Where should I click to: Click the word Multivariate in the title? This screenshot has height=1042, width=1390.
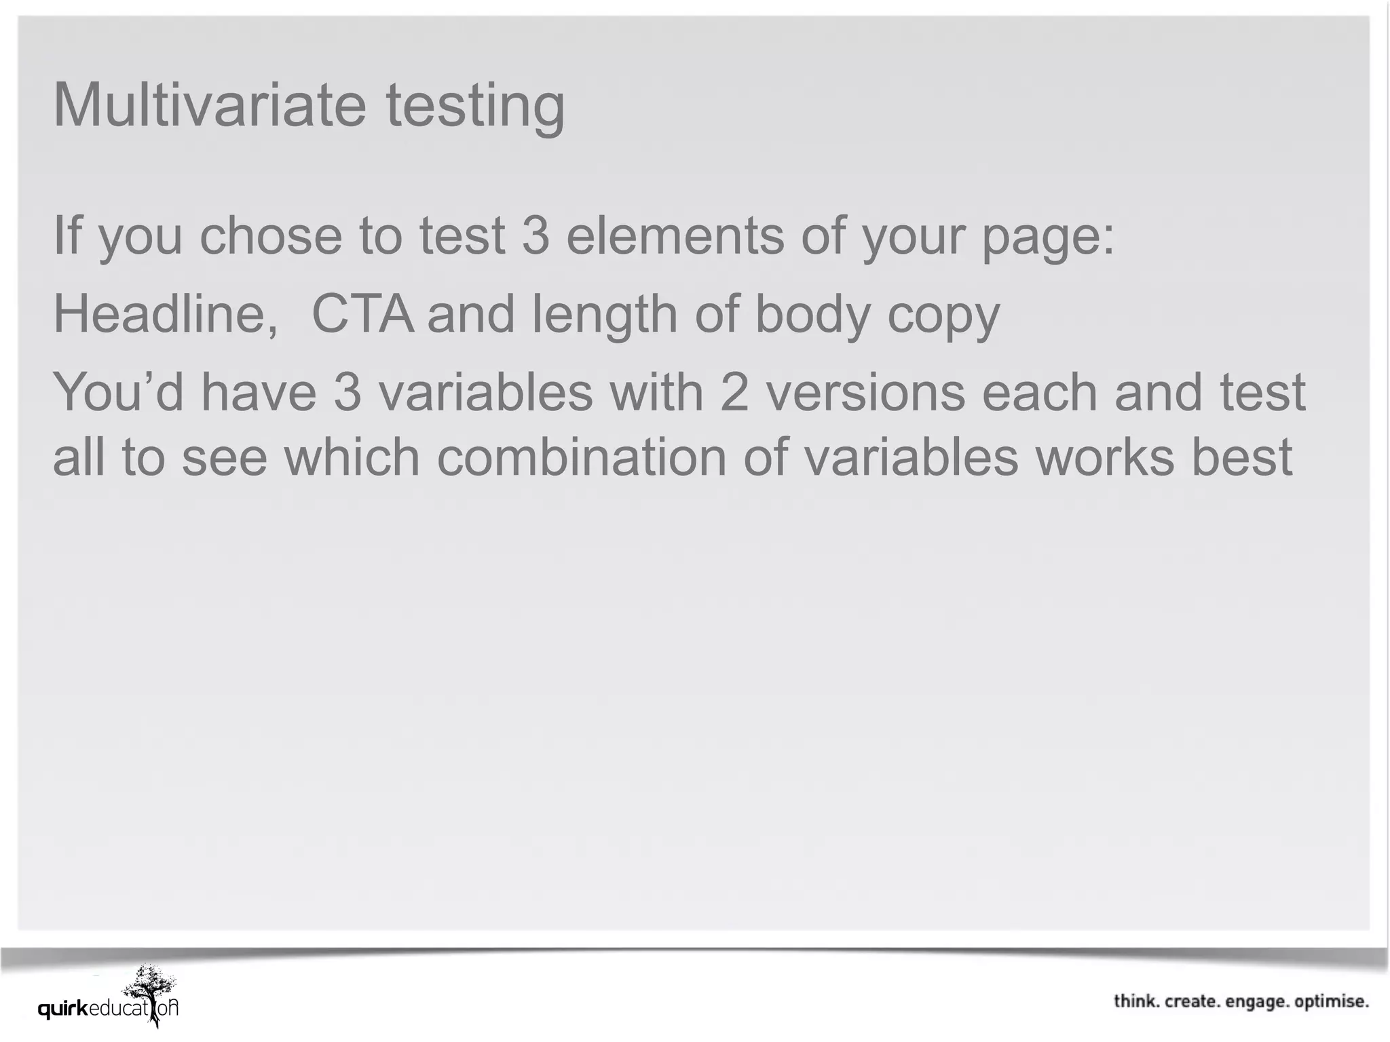[x=209, y=105]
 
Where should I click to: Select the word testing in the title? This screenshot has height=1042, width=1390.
[x=475, y=107]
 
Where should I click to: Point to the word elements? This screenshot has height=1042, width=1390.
[x=675, y=235]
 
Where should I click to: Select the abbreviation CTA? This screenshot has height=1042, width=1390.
[x=362, y=314]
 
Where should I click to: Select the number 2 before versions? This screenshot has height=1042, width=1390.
[x=734, y=393]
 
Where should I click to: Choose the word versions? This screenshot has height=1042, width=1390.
[x=865, y=393]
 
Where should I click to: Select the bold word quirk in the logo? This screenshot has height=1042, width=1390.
[x=63, y=1009]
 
